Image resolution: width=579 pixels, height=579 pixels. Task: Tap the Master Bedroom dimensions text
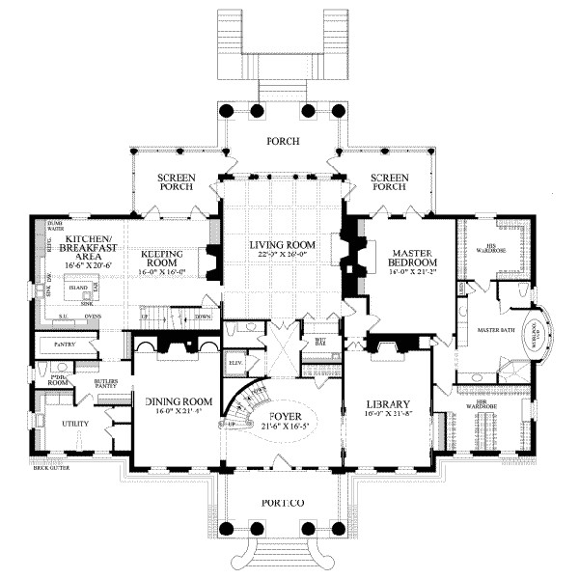tap(416, 273)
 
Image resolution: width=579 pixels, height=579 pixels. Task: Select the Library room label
tap(390, 404)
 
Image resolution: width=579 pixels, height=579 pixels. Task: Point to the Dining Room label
tap(178, 401)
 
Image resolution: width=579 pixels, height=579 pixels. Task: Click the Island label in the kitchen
tap(78, 287)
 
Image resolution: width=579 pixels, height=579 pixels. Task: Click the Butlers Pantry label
tap(106, 386)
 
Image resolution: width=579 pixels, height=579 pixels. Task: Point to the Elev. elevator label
tap(233, 364)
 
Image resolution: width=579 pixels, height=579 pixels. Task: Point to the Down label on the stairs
tap(203, 317)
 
